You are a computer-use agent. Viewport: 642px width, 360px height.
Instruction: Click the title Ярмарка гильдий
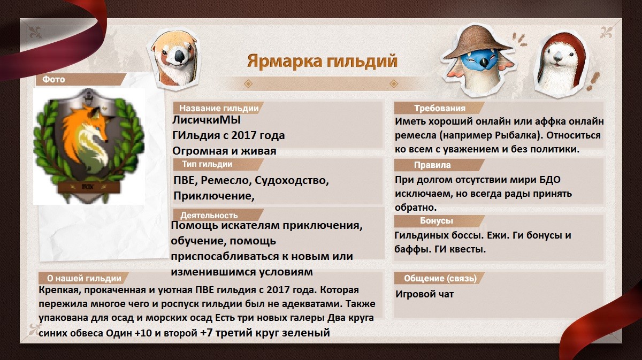click(x=322, y=62)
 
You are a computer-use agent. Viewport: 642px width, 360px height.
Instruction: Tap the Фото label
click(x=53, y=79)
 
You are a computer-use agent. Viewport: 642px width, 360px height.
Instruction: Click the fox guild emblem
click(x=89, y=146)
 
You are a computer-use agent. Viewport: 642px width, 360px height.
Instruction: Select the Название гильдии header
click(x=219, y=108)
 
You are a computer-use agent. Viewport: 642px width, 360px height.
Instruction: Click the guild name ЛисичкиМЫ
click(x=207, y=120)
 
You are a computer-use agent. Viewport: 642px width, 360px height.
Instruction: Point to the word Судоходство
click(x=292, y=181)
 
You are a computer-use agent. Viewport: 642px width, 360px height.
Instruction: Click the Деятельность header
click(x=209, y=215)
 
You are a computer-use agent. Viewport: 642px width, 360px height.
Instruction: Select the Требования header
click(x=440, y=109)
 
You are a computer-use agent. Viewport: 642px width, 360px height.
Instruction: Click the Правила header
click(x=432, y=165)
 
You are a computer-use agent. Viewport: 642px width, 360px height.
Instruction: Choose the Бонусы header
click(x=437, y=221)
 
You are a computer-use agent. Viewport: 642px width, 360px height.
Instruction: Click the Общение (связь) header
click(x=440, y=278)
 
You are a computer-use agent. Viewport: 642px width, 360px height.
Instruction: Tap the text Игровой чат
click(x=424, y=294)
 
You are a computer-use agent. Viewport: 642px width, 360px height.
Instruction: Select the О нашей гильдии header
click(x=84, y=278)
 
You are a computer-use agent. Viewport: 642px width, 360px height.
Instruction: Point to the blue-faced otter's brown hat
click(x=477, y=42)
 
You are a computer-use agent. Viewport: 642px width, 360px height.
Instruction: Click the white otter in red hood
click(x=560, y=65)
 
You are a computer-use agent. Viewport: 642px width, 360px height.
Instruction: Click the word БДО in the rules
click(x=550, y=180)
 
